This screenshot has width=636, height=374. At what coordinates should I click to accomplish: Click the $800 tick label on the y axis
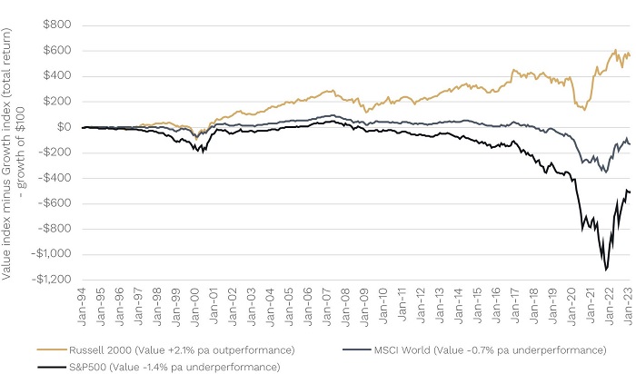click(57, 25)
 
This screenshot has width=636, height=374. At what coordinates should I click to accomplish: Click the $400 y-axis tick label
click(57, 76)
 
